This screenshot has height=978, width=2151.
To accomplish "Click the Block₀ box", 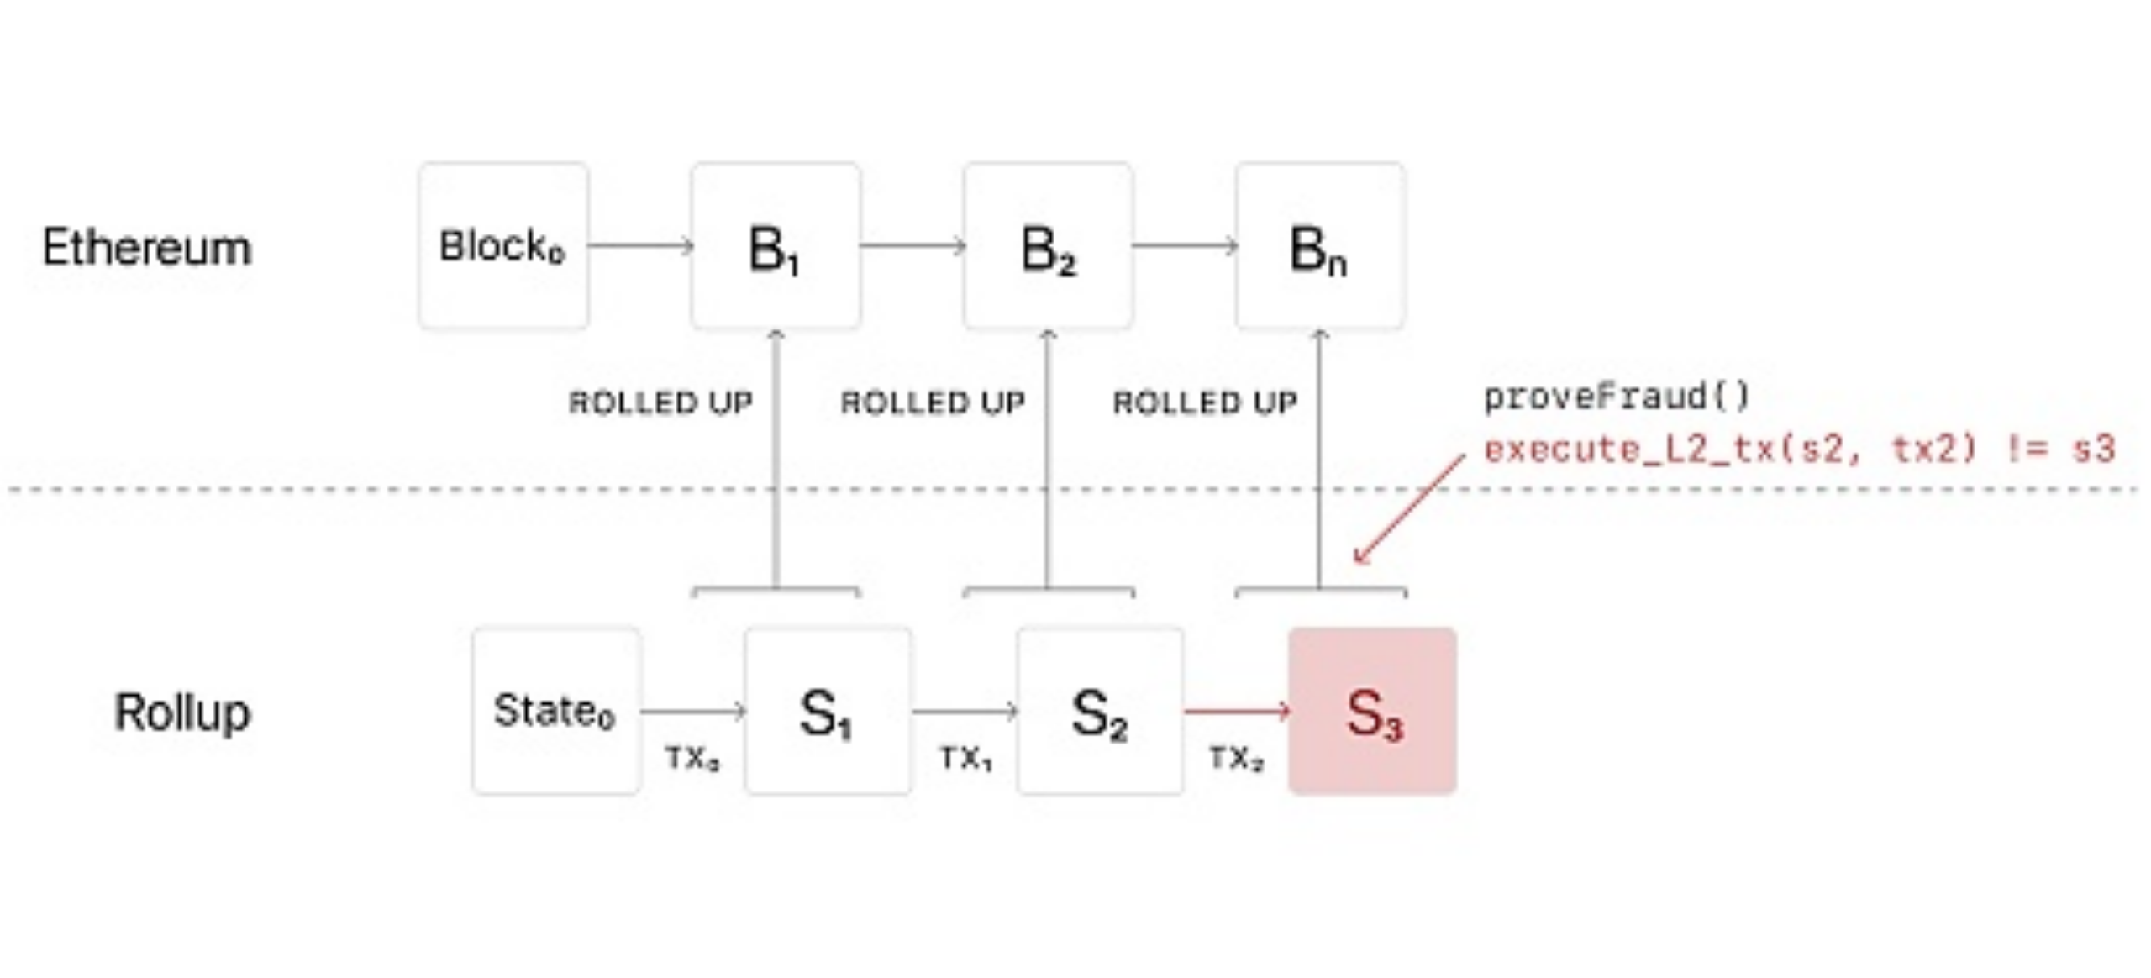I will click(503, 245).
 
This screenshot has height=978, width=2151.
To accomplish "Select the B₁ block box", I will click(776, 245).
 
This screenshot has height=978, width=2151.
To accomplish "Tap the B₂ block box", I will click(1048, 245).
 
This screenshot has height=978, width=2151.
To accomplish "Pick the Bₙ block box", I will click(1319, 245).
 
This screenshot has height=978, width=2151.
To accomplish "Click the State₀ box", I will click(555, 711).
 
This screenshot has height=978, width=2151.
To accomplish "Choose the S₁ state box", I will click(828, 711).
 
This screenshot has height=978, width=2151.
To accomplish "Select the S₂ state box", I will click(1100, 711).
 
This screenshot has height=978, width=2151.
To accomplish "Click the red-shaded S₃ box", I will click(1372, 711).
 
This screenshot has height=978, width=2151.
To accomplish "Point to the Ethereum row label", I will click(147, 248).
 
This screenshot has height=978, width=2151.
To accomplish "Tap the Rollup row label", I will click(181, 712).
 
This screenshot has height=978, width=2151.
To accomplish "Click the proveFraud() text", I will click(1617, 396).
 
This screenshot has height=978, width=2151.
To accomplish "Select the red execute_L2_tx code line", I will click(1798, 450).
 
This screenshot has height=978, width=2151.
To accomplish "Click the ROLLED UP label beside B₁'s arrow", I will click(660, 402).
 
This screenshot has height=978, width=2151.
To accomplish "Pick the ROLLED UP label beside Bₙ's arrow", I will click(1205, 402).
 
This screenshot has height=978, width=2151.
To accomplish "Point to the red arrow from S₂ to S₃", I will click(1236, 711).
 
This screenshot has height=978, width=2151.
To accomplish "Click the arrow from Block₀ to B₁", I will click(640, 245).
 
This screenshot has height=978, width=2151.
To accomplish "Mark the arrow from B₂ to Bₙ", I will click(1184, 245).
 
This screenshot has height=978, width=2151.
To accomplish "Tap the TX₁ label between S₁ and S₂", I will click(965, 758).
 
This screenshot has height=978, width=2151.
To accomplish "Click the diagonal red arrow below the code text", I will click(1409, 509).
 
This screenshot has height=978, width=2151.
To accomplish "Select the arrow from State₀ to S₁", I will click(692, 711).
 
